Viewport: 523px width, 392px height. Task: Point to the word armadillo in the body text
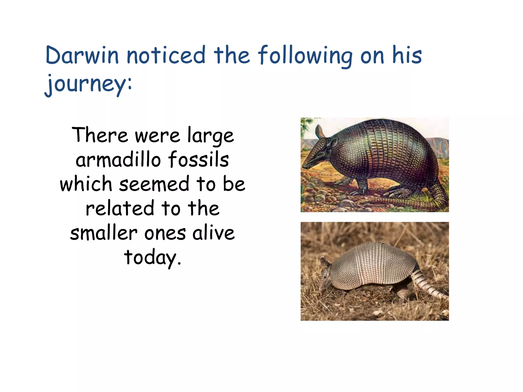pyautogui.click(x=118, y=160)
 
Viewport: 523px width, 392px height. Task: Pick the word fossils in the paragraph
pyautogui.click(x=198, y=159)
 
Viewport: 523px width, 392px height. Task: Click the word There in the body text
pyautogui.click(x=100, y=135)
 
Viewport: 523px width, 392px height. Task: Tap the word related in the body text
pyautogui.click(x=120, y=208)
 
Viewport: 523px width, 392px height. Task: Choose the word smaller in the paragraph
pyautogui.click(x=104, y=233)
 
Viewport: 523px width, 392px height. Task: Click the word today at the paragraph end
pyautogui.click(x=151, y=257)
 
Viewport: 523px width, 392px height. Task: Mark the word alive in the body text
pyautogui.click(x=213, y=233)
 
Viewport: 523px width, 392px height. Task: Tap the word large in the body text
pyautogui.click(x=210, y=135)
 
